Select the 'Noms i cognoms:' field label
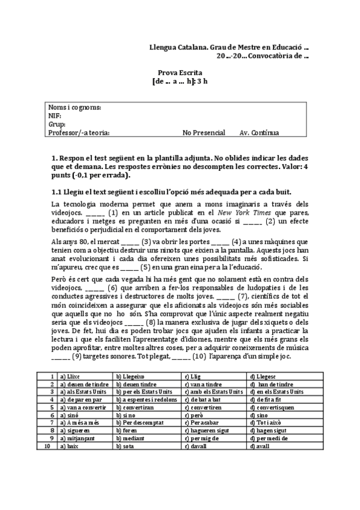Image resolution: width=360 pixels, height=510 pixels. click(x=75, y=108)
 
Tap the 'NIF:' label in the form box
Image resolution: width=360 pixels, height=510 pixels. click(x=55, y=116)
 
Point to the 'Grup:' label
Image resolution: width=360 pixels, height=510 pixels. click(x=57, y=124)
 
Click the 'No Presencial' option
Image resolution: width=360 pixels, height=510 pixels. click(x=204, y=133)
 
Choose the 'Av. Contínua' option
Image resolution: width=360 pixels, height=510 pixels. click(x=259, y=133)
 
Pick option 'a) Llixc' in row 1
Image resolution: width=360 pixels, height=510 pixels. click(x=70, y=376)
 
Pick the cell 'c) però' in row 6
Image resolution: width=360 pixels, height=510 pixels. click(x=194, y=415)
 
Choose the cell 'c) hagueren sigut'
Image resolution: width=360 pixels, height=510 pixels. click(x=207, y=431)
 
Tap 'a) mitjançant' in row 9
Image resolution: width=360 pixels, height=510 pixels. click(x=78, y=438)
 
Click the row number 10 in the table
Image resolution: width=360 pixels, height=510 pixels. click(x=47, y=446)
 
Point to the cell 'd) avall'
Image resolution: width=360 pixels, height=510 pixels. click(x=260, y=446)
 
